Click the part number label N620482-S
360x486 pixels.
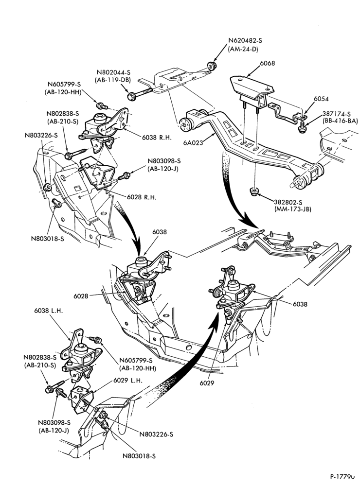245,41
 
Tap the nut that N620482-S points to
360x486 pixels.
212,66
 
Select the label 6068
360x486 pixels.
267,63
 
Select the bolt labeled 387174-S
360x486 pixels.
302,127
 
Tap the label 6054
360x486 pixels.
321,99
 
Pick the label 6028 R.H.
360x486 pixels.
142,197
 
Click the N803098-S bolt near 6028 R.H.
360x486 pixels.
125,176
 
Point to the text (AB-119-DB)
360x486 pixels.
113,80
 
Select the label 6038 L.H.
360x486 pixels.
49,311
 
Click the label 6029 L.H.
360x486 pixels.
128,381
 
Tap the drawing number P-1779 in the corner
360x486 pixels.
342,476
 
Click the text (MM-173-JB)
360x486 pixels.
293,209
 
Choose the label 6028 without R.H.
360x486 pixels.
81,296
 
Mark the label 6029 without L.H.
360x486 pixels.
207,383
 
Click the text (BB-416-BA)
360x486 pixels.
340,121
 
